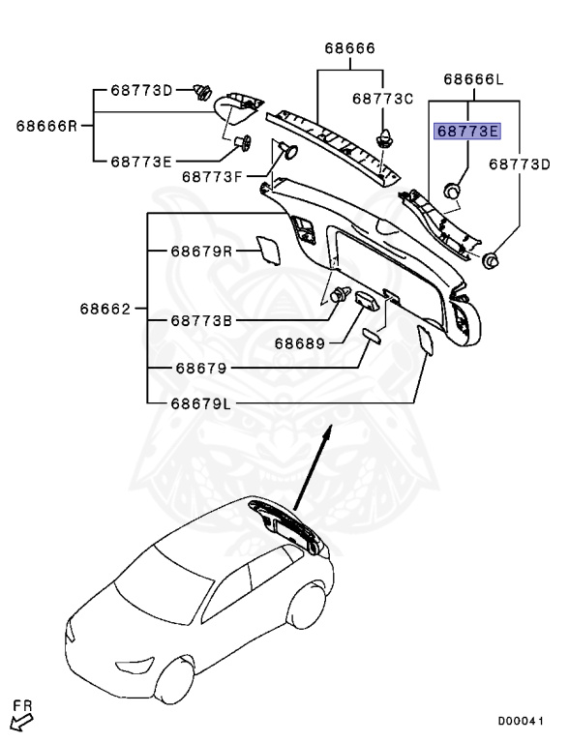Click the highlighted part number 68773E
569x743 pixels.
pos(467,131)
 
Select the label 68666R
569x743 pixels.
pos(46,126)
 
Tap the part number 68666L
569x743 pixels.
pos(474,79)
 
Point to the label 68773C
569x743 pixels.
pos(382,99)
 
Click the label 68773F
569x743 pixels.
pos(212,177)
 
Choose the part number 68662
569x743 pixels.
pos(105,309)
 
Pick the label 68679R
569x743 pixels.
pos(201,252)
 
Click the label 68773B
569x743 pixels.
pos(201,321)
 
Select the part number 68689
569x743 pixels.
pos(300,343)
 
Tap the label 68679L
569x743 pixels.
pos(200,403)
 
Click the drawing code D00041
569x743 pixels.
pos(520,721)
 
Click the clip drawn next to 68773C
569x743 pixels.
pos(383,138)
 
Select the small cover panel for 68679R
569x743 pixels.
pos(268,251)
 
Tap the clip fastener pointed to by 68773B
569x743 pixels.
pos(340,294)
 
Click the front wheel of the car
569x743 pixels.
pos(174,680)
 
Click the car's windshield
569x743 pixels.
pos(164,585)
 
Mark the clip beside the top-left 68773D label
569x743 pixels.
pos(203,92)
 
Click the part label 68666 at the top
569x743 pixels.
pos(350,48)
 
